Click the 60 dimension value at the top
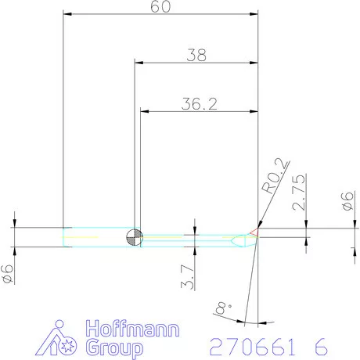pos(160,7)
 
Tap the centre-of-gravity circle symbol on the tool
pos(135,237)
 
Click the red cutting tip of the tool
pos(254,232)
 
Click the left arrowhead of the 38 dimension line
pos(138,62)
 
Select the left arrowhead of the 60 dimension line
pos(67,14)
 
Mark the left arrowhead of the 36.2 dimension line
pos(143,111)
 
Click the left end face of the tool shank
pos(63,237)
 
